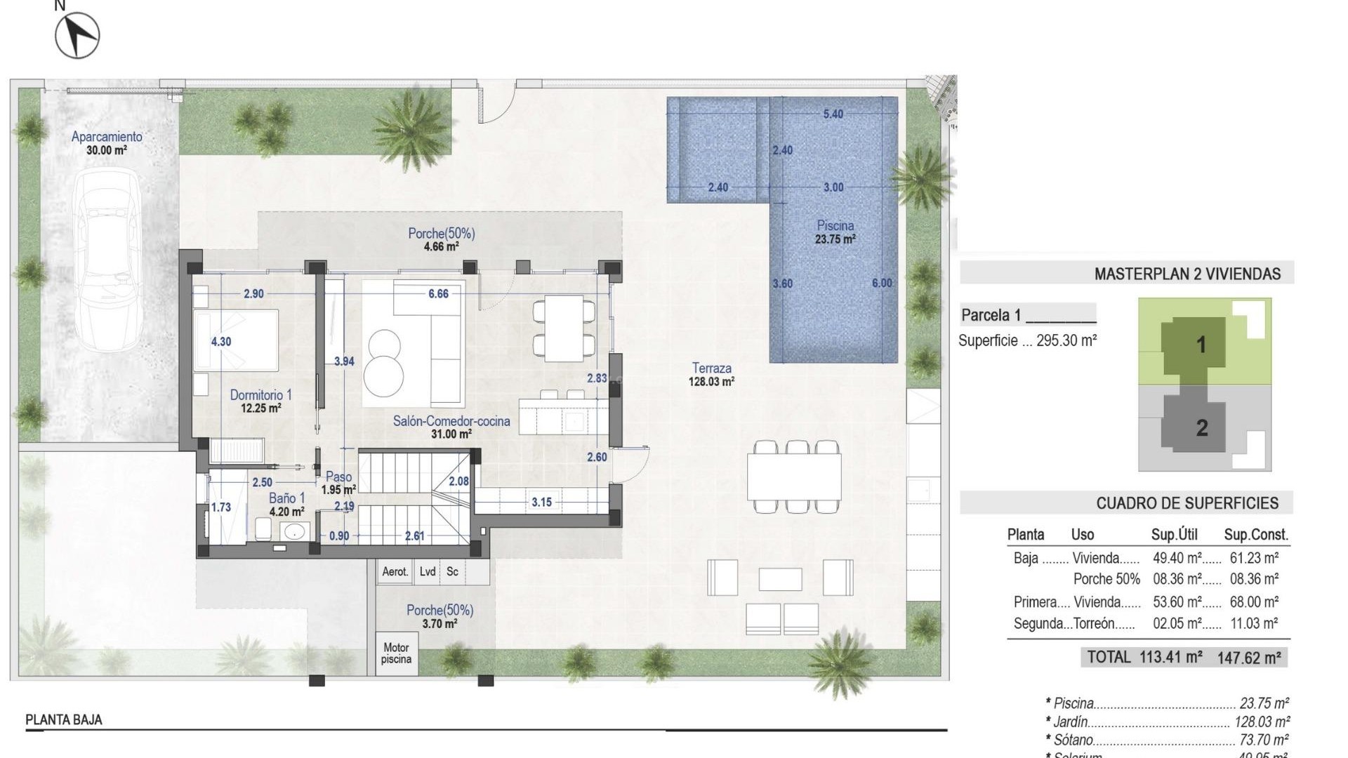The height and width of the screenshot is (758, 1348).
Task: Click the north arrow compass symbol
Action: (77, 35)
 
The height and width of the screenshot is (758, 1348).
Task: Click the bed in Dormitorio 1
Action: (237, 341)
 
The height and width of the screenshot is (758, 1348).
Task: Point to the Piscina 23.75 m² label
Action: (835, 232)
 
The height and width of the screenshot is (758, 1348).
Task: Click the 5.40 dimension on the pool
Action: (833, 114)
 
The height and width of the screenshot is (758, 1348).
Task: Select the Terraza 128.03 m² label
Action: (711, 374)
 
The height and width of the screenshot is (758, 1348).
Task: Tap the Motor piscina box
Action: (396, 653)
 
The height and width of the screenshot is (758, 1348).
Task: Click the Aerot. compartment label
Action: (395, 571)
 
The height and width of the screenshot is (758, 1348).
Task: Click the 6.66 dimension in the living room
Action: (438, 293)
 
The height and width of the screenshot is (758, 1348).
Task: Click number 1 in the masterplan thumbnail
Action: (1201, 345)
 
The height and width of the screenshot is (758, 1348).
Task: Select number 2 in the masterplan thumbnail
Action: (1201, 427)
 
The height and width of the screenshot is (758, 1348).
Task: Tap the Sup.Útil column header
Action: (1174, 535)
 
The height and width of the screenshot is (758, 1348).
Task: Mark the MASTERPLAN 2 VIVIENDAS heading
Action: (1187, 274)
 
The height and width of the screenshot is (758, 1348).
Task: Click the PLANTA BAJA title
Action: (64, 719)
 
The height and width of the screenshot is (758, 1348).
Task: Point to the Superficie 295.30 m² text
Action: (1027, 341)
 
